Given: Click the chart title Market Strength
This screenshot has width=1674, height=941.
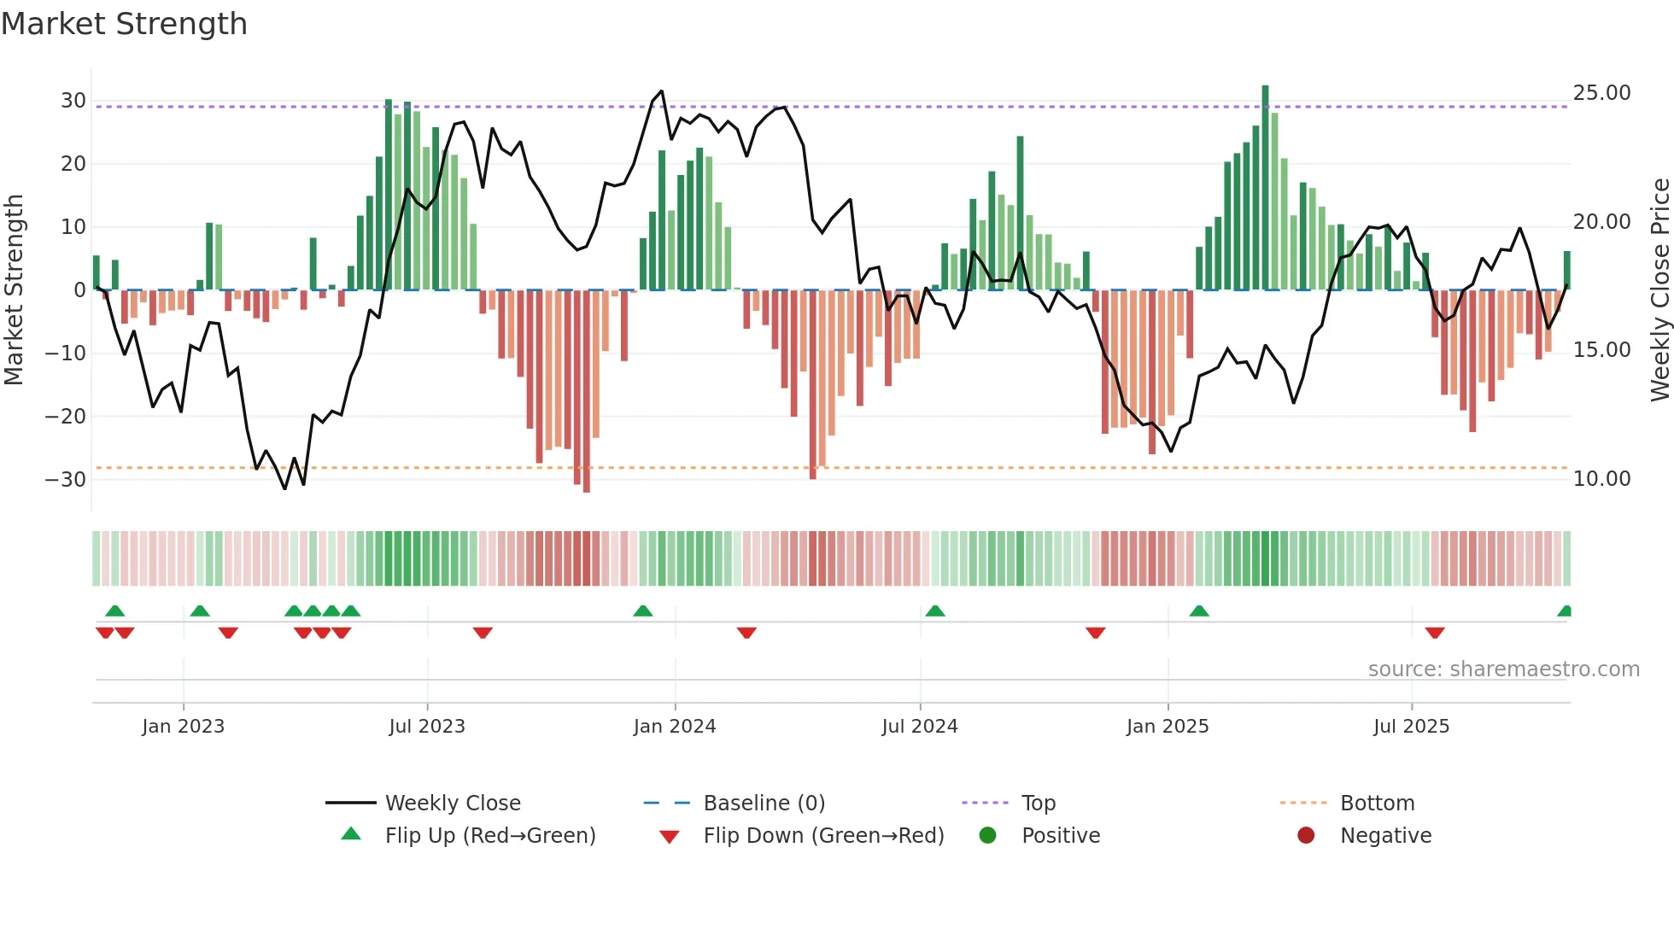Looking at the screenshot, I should (124, 24).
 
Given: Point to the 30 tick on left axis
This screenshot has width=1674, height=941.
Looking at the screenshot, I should (73, 101).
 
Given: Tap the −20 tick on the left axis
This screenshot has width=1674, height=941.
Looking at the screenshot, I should (66, 417).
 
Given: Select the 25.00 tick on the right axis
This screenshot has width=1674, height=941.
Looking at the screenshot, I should (1601, 93).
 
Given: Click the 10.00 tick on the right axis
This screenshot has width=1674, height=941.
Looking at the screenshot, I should (1601, 479).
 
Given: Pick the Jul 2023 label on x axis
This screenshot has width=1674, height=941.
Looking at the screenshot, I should (427, 727).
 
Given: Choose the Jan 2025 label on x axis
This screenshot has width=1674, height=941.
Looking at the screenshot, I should (1168, 727).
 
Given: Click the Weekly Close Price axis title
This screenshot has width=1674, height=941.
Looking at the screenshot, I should (1659, 290).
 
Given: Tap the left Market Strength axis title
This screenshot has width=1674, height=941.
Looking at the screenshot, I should (14, 290).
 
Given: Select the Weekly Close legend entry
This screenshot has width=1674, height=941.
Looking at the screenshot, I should (453, 804).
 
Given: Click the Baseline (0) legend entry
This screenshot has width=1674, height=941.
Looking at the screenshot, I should (764, 804).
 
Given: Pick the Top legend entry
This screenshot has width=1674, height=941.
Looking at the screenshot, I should (1039, 804).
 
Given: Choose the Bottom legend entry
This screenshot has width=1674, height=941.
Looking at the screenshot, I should (1377, 804).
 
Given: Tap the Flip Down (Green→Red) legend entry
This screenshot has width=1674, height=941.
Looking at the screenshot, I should (823, 836).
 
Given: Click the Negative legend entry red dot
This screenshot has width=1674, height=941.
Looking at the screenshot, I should (1306, 836).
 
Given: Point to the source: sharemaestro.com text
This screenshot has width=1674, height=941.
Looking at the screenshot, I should (1503, 669).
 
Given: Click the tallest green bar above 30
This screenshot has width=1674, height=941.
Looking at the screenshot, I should (1265, 188).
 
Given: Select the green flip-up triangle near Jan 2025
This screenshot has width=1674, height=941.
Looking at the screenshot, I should (1199, 611).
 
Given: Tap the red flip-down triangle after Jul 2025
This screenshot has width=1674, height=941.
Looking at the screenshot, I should (1435, 633).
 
